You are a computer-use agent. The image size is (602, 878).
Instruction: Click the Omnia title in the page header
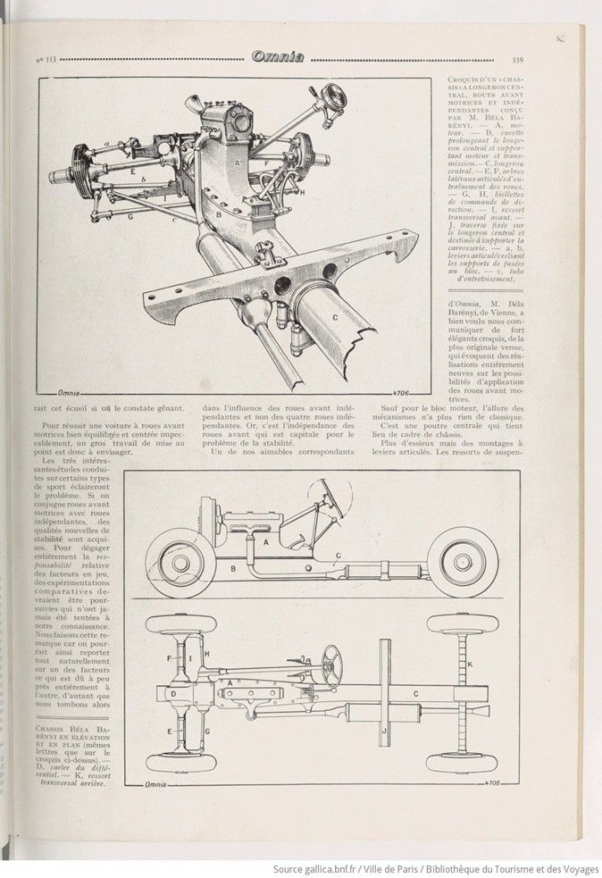279,58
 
